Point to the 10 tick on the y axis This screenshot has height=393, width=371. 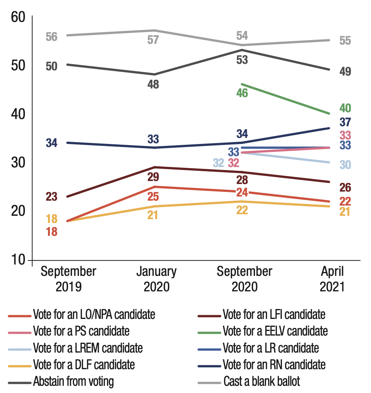pyautogui.click(x=16, y=260)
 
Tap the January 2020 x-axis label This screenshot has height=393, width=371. pyautogui.click(x=156, y=279)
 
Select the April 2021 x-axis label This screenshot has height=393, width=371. pyautogui.click(x=332, y=279)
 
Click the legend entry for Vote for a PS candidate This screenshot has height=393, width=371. pyautogui.click(x=81, y=331)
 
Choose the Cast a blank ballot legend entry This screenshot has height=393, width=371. pyautogui.click(x=261, y=381)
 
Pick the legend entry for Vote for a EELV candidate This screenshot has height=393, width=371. pyautogui.click(x=275, y=331)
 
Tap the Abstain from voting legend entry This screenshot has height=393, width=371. pyautogui.click(x=73, y=381)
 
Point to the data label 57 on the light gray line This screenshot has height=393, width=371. pyautogui.click(x=153, y=40)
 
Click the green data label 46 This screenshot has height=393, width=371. pyautogui.click(x=242, y=93)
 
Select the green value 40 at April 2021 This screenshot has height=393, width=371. pyautogui.click(x=345, y=108)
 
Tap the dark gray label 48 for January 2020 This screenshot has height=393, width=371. pyautogui.click(x=153, y=84)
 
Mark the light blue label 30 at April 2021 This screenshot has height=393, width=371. pyautogui.click(x=345, y=165)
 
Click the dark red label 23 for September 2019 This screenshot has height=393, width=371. pyautogui.click(x=52, y=197)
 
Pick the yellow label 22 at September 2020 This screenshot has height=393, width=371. pyautogui.click(x=242, y=210)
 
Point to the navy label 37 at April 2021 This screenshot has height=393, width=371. pyautogui.click(x=345, y=122)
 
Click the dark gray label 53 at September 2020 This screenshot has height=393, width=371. pyautogui.click(x=242, y=60)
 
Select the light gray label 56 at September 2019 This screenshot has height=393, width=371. pyautogui.click(x=52, y=37)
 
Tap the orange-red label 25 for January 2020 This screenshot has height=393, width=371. pyautogui.click(x=153, y=196)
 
